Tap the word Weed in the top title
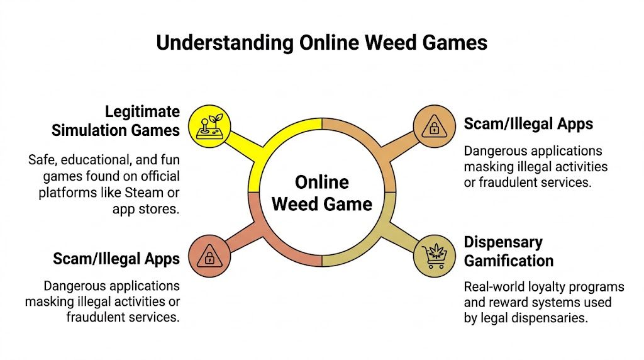[393, 43]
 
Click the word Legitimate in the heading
[142, 113]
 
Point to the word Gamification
[509, 261]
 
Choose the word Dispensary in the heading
[503, 242]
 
